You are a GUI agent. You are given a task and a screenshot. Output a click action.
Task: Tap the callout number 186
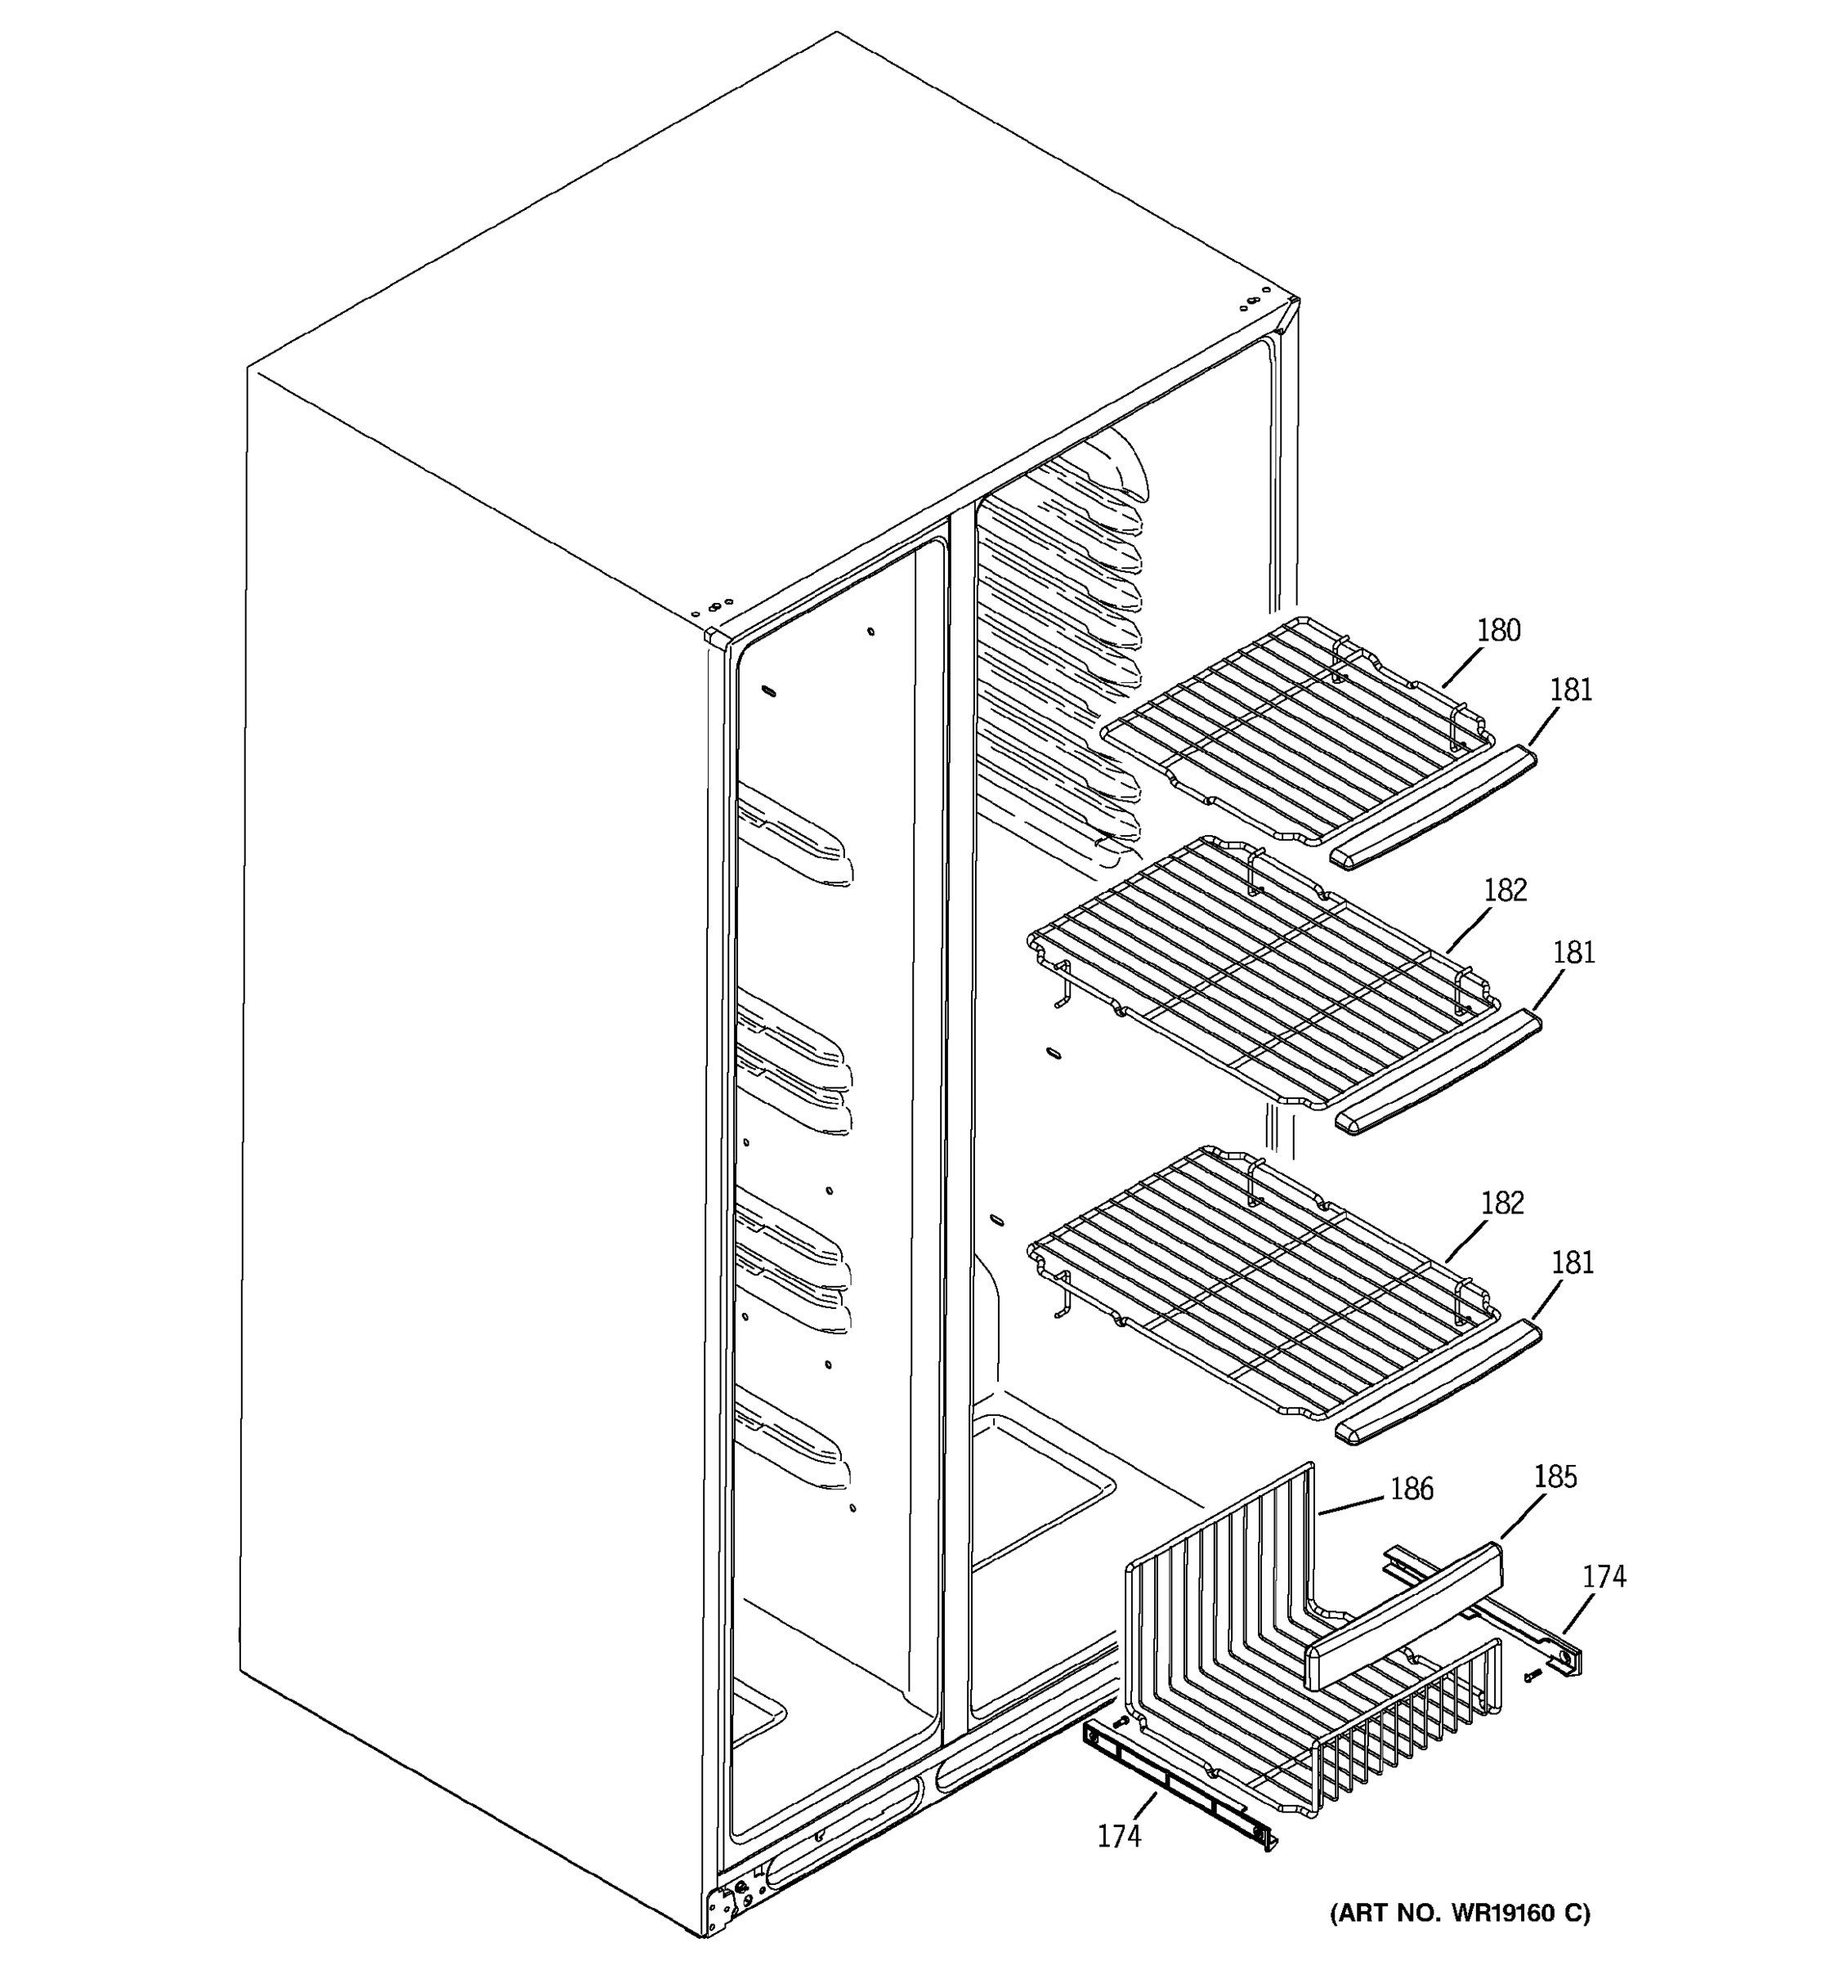[1411, 1489]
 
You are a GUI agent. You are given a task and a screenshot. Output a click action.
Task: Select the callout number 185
[1555, 1476]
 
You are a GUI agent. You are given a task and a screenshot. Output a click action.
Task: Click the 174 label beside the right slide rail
[1604, 1576]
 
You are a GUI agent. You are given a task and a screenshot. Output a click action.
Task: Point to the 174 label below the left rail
[1119, 1836]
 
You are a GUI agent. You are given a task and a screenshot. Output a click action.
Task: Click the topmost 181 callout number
[1571, 690]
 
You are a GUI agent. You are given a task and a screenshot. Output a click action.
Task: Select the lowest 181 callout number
[1573, 1262]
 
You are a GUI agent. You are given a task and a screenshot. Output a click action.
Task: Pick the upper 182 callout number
[1505, 891]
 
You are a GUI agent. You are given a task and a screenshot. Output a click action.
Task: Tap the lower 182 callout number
[1502, 1203]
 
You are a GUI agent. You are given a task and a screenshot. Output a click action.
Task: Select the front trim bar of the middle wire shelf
[1439, 1073]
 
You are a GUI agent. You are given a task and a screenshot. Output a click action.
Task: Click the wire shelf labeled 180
[1292, 730]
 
